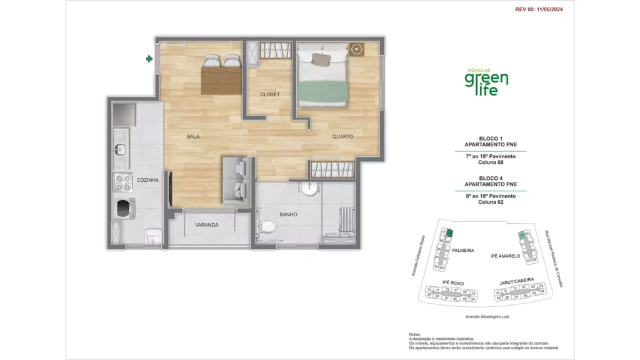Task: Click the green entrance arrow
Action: click(149, 59)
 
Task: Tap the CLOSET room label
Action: click(270, 94)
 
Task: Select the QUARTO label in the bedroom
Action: click(342, 136)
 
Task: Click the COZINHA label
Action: click(147, 180)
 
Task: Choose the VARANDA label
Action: click(206, 224)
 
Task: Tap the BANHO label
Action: click(288, 214)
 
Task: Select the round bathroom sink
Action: click(307, 189)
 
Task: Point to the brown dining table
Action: click(221, 80)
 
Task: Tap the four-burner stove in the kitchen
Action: click(121, 182)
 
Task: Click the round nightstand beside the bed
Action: click(357, 49)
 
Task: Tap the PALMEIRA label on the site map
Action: click(464, 250)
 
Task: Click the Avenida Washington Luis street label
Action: click(487, 317)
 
